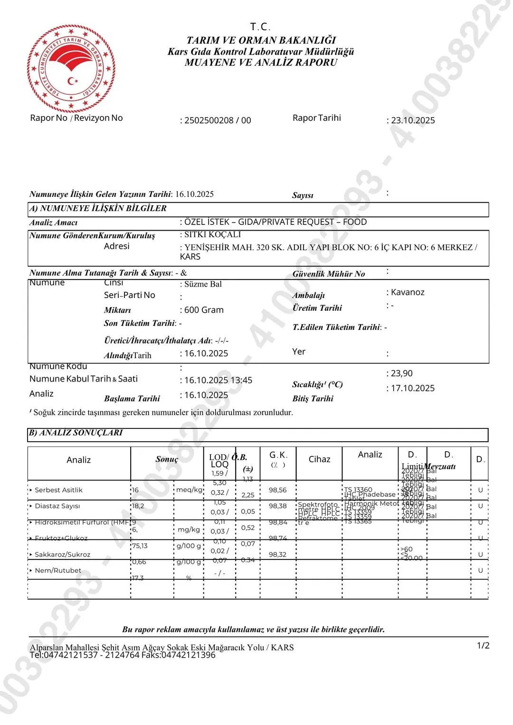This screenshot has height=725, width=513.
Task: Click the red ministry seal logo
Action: click(x=71, y=68)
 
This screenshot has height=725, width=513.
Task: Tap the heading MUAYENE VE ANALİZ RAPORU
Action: click(x=261, y=63)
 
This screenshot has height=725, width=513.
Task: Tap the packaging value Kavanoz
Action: click(x=407, y=292)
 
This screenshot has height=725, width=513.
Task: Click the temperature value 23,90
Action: click(x=401, y=373)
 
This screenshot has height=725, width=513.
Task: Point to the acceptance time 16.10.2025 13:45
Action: click(x=218, y=381)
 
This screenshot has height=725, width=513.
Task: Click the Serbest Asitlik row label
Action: click(x=58, y=490)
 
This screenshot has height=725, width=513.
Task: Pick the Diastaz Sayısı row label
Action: click(x=57, y=506)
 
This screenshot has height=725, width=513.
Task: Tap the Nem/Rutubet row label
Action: click(x=58, y=571)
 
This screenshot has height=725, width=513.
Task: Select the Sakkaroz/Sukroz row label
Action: click(x=62, y=555)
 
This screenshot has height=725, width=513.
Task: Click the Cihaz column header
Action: click(x=319, y=459)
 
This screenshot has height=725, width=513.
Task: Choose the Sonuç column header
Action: click(x=167, y=459)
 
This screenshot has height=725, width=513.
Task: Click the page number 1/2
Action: click(x=483, y=645)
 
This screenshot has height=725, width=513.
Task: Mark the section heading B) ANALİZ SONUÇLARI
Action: click(x=76, y=433)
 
